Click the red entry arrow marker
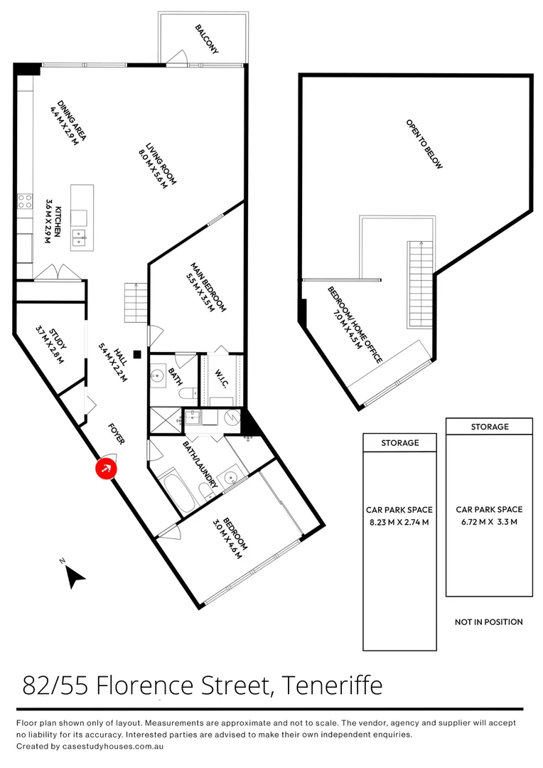click(106, 469)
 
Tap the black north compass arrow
click(75, 577)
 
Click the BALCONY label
click(207, 40)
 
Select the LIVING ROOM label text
click(157, 164)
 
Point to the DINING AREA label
click(68, 121)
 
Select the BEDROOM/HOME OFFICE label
click(355, 324)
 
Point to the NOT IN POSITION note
click(489, 622)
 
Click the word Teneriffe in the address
click(332, 686)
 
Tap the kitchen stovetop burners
click(26, 201)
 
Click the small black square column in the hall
click(138, 353)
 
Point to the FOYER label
click(117, 434)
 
